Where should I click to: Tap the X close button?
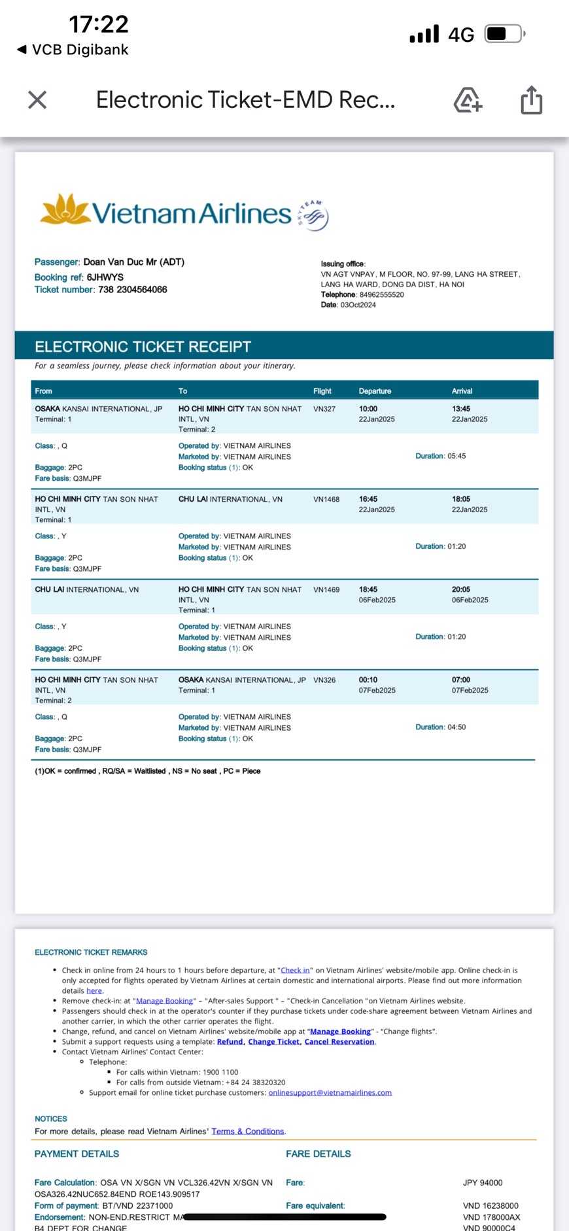tap(37, 100)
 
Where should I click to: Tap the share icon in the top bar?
tap(531, 100)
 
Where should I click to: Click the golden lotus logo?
tap(64, 209)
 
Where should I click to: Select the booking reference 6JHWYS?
tap(105, 277)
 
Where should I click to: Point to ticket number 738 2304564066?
tap(132, 290)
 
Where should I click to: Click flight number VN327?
tap(324, 409)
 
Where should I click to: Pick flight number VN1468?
tap(326, 499)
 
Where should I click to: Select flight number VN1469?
tap(326, 589)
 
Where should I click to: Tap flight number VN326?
tap(324, 680)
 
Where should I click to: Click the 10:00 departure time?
tap(368, 409)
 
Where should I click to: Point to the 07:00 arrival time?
tap(461, 680)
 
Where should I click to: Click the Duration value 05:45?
tap(457, 456)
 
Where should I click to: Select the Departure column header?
tap(375, 391)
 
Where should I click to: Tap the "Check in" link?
tap(295, 970)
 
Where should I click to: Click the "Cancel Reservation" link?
tap(339, 1041)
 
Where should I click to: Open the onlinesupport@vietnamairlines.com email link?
tap(330, 1092)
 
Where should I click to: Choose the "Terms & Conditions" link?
tap(248, 1131)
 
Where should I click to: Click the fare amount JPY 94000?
tap(483, 1183)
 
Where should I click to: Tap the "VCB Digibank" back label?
tap(80, 50)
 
